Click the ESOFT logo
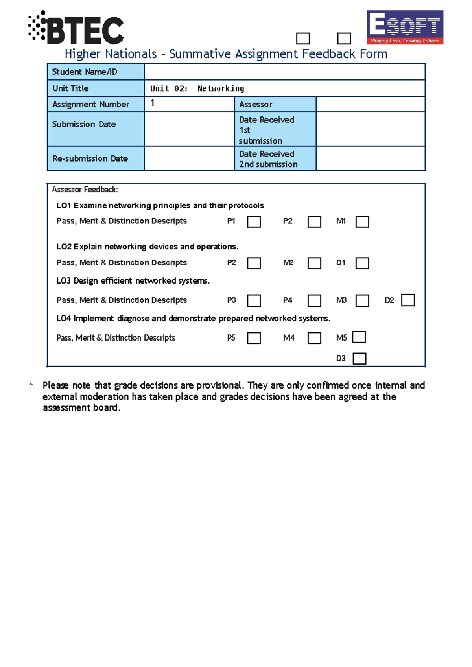pos(405,27)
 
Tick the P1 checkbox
pos(254,222)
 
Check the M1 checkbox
pos(362,222)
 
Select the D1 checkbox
pos(362,263)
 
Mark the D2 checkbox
pos(408,300)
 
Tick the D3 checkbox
pos(360,358)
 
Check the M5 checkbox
pos(359,337)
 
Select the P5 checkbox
pos(254,338)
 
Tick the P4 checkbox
pos(314,301)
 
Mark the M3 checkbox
pos(362,301)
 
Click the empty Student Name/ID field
pos(284,72)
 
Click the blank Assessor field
pos(370,104)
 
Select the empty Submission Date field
pos(189,129)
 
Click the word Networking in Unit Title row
pos(221,89)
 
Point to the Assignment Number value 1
pos(153,103)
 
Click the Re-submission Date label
pos(90,158)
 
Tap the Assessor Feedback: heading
pos(85,190)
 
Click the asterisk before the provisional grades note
pos(31,384)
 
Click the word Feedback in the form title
pos(329,54)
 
